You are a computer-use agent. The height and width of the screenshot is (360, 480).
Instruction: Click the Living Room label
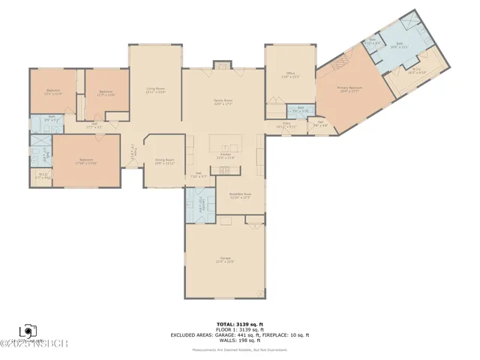(155, 91)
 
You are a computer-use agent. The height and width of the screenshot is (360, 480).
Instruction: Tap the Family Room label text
(223, 101)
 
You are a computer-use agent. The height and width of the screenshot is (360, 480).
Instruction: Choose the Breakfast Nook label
(240, 196)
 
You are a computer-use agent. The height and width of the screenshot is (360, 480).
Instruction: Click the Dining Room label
(164, 161)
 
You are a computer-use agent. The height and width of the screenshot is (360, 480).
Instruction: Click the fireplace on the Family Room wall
(223, 67)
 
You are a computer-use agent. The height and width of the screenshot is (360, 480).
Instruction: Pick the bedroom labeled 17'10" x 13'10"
(86, 161)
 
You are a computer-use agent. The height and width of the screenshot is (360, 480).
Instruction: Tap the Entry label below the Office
(287, 125)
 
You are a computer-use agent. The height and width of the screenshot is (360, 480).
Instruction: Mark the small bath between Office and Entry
(299, 110)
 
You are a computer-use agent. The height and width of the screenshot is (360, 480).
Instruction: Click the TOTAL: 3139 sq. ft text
(240, 324)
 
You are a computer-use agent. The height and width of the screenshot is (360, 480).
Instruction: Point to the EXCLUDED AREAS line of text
(240, 334)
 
